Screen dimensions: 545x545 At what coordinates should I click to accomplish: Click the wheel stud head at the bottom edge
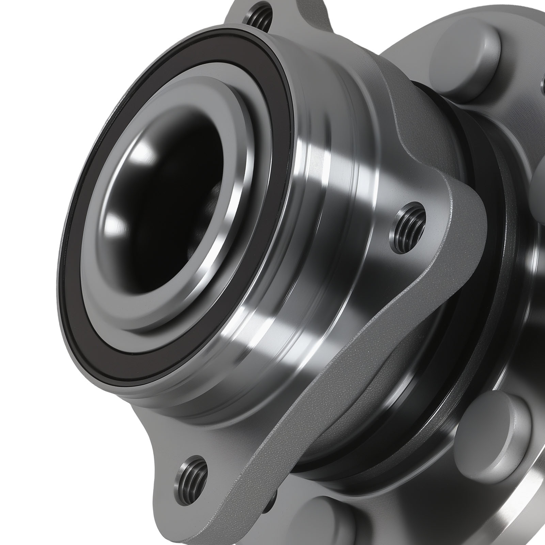point(327,525)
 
